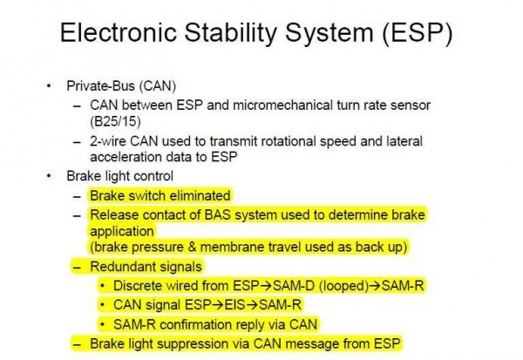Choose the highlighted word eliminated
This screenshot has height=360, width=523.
point(199,195)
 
